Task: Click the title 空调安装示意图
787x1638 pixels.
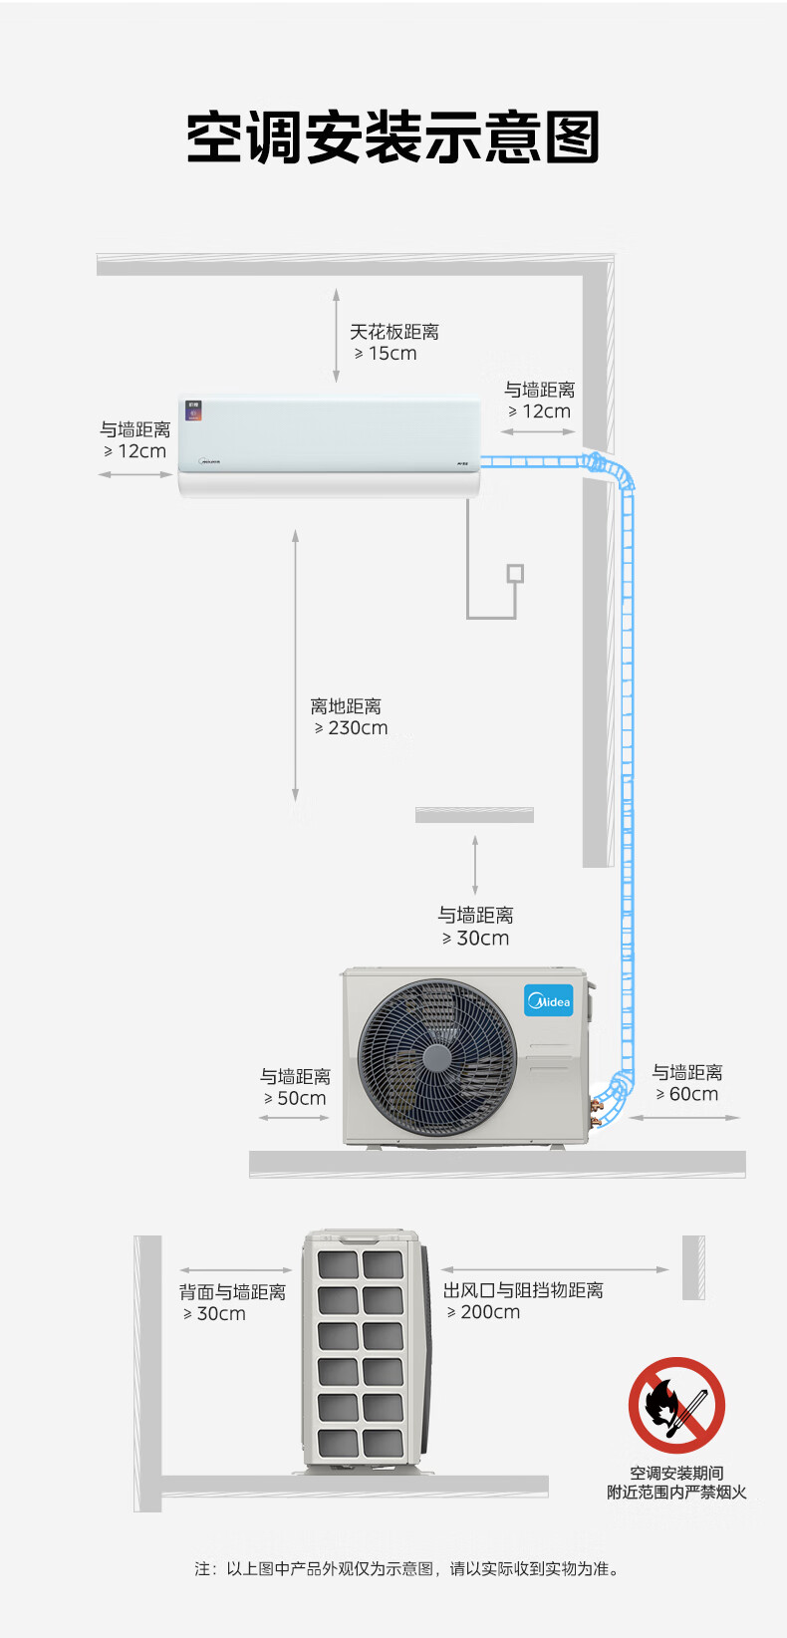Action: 393,137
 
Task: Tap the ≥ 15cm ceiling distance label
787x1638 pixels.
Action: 386,353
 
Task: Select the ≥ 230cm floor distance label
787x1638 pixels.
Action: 351,727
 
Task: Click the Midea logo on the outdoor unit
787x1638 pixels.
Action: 549,1001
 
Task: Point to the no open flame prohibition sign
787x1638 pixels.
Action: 676,1405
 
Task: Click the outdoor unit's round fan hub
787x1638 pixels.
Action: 436,1057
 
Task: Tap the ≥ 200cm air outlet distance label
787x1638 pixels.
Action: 483,1312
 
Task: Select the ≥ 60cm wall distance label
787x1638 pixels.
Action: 686,1094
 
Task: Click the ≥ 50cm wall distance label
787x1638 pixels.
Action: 295,1098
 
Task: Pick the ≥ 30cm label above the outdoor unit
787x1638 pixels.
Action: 475,939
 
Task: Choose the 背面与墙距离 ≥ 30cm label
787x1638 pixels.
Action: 232,1302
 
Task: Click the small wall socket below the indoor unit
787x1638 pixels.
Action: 515,573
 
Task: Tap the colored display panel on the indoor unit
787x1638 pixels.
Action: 194,410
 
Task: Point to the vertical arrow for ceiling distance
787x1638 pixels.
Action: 336,335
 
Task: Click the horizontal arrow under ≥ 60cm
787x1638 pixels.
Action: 684,1117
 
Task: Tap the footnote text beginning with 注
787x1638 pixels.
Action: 406,1568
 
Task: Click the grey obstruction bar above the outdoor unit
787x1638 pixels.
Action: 474,815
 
